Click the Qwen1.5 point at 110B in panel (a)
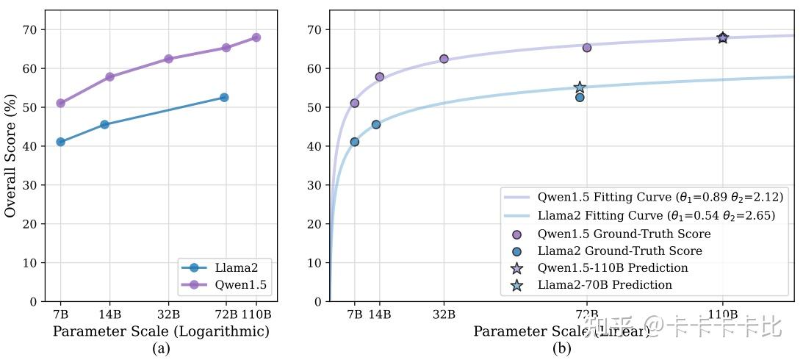coord(256,37)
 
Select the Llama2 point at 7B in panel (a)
coord(60,142)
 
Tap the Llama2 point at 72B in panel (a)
coord(224,97)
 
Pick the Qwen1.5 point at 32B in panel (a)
coord(168,59)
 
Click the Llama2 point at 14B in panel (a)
coord(104,124)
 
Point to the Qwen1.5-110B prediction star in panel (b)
coord(722,37)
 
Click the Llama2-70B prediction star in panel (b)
coord(580,87)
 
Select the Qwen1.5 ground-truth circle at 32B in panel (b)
coord(444,59)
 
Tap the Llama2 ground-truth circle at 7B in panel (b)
coord(354,142)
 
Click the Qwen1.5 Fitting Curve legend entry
coord(643,198)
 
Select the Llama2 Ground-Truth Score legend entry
coord(619,251)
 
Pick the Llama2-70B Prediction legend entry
coord(605,285)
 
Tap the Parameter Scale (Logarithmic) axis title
coord(161,331)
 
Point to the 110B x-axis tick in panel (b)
coord(722,314)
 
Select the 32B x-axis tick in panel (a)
coord(168,314)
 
